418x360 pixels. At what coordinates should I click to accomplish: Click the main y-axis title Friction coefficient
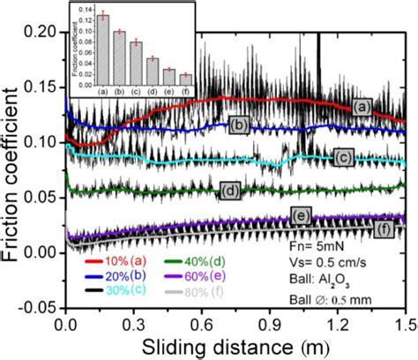click(11, 168)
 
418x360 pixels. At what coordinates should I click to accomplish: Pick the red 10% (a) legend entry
click(119, 261)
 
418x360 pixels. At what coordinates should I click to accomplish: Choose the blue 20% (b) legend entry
click(119, 274)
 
